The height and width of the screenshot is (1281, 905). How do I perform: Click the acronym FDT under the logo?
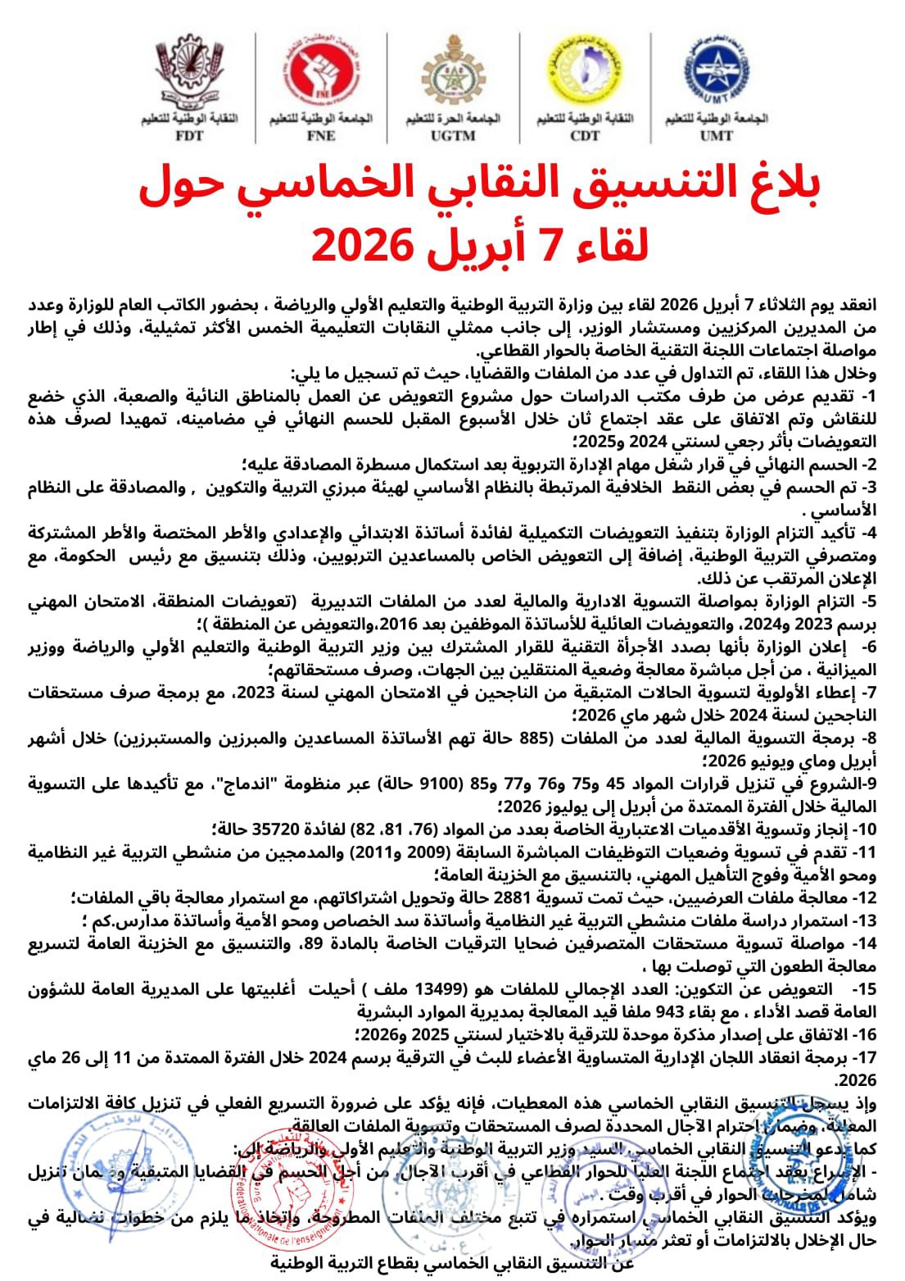coord(189,136)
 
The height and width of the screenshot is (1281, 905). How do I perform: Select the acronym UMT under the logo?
coord(716,136)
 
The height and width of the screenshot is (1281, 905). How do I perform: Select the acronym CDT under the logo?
coord(585,136)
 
